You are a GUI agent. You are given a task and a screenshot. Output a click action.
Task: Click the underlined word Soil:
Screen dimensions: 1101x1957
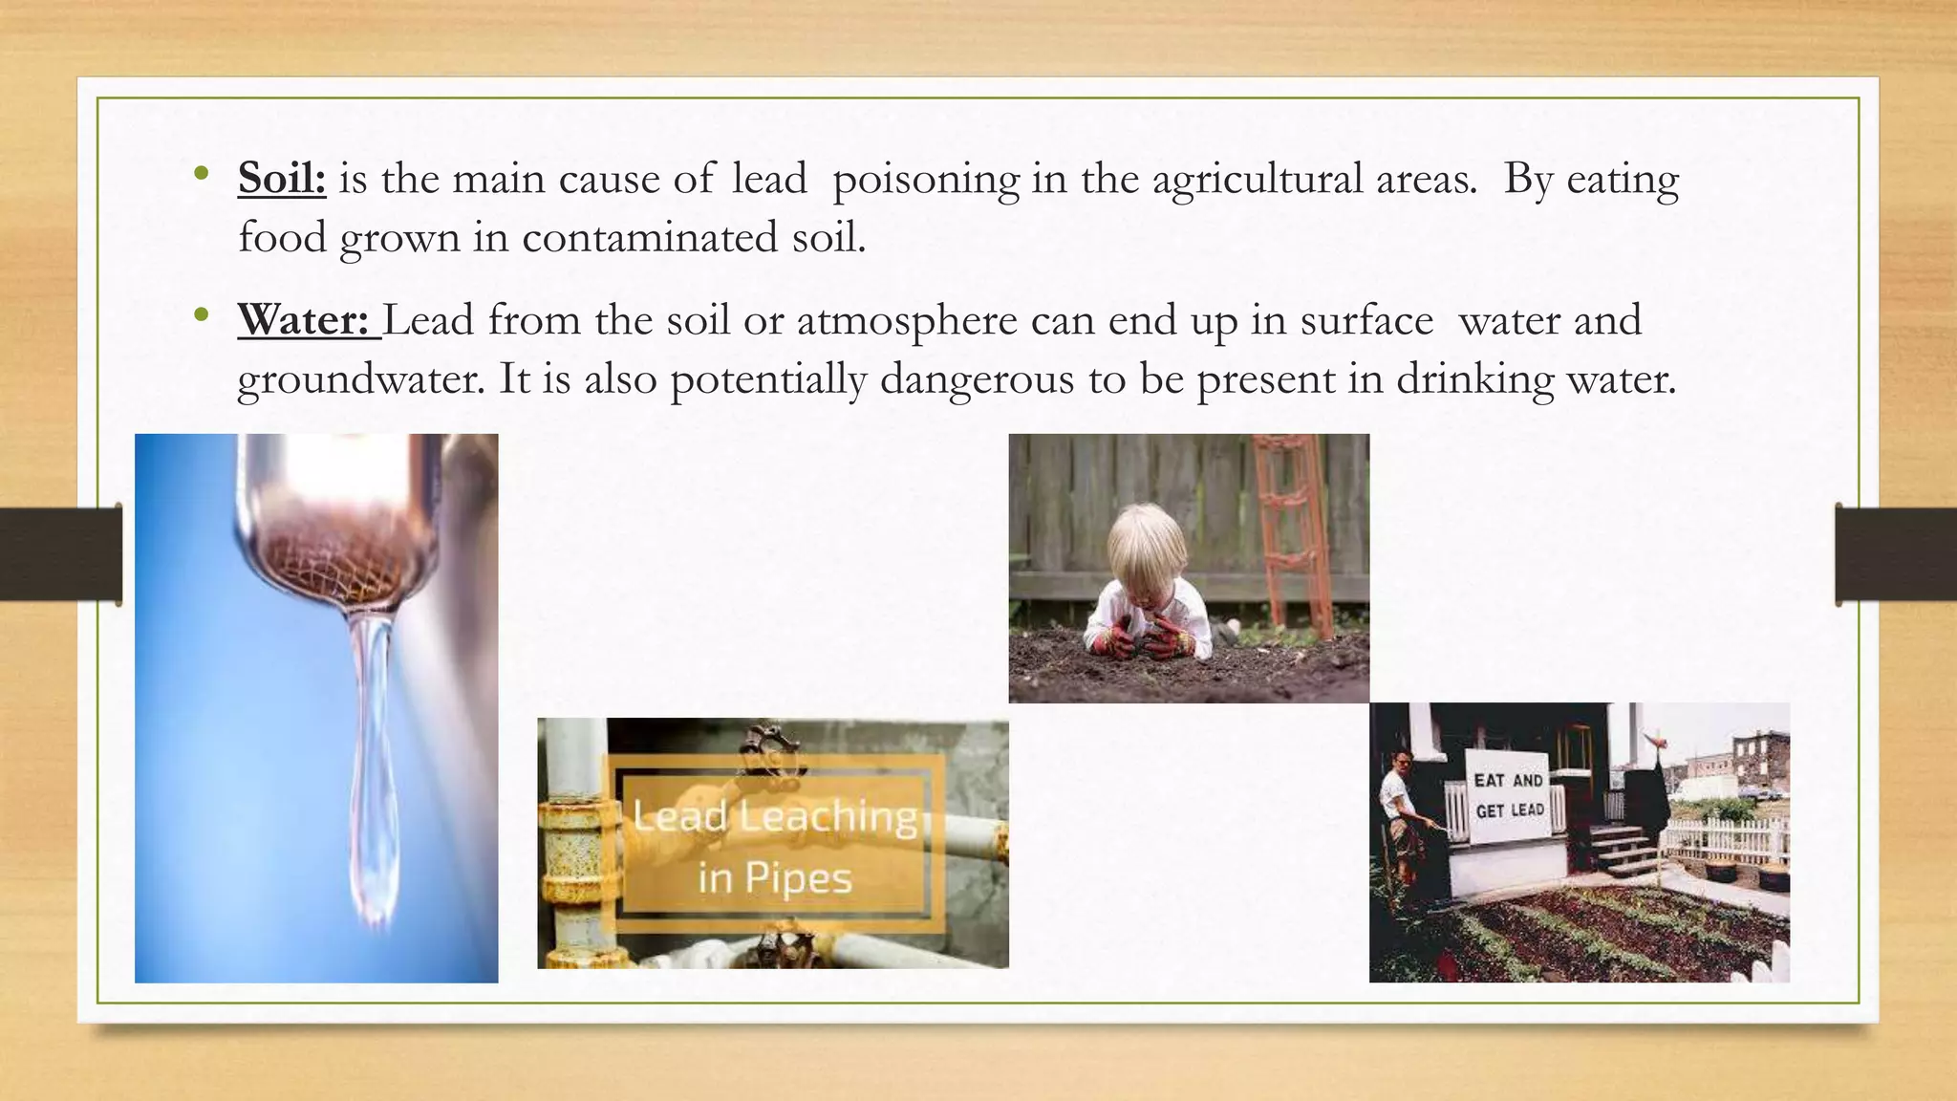pyautogui.click(x=282, y=179)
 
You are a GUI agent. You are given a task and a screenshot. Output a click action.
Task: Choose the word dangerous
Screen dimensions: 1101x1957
pyautogui.click(x=977, y=379)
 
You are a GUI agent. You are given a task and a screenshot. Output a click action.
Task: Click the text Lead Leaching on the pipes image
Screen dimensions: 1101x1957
pyautogui.click(x=774, y=817)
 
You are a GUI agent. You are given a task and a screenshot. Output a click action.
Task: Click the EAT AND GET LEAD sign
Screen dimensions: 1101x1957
pyautogui.click(x=1508, y=795)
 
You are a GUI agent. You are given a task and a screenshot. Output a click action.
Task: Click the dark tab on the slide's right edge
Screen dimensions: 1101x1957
pyautogui.click(x=1896, y=554)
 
